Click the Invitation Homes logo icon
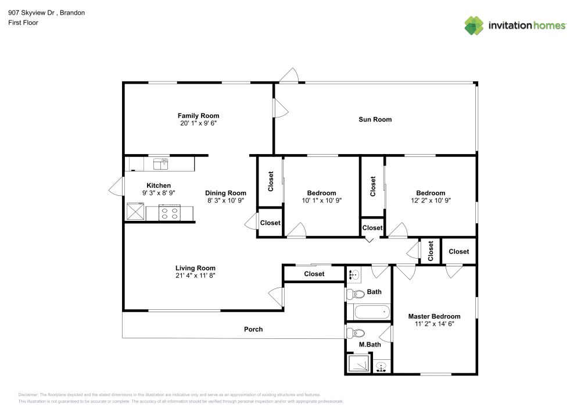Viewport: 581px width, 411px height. tap(474, 25)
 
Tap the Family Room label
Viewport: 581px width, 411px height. tap(198, 116)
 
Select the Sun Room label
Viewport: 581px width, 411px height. tap(375, 119)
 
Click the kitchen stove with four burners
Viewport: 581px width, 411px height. tap(169, 213)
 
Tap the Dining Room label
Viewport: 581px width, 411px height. tap(225, 193)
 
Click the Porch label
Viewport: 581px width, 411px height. tap(253, 329)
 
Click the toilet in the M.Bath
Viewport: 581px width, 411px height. tap(354, 334)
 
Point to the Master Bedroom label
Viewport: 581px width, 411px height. tap(434, 316)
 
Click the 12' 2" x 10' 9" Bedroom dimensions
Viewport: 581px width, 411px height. tap(430, 200)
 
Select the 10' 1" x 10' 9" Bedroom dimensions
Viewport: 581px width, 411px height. tap(321, 200)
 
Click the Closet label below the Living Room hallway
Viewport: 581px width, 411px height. tap(314, 274)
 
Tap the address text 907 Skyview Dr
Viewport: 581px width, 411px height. tap(35, 12)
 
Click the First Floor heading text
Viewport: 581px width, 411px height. tap(23, 23)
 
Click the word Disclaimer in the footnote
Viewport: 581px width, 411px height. tap(28, 394)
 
